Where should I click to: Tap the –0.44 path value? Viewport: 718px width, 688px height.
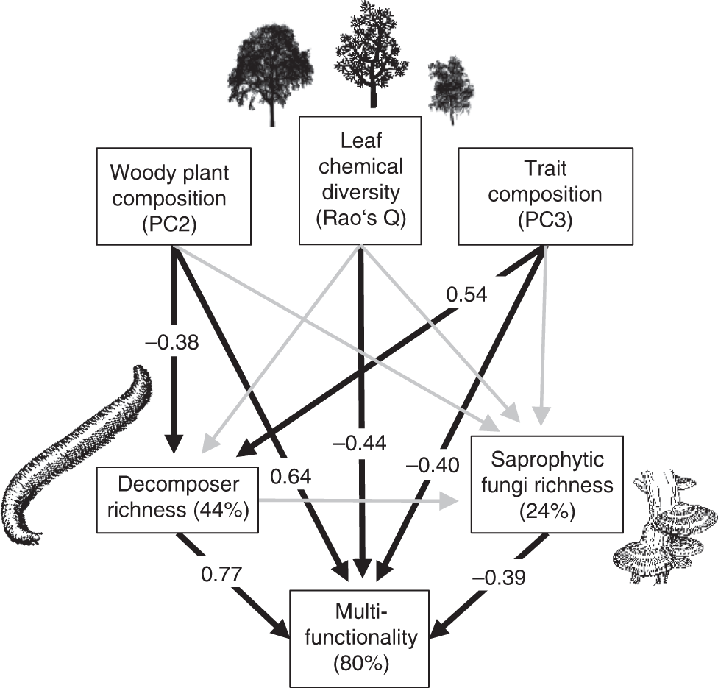tap(360, 443)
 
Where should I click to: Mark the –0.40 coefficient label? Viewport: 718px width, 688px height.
tap(431, 464)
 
